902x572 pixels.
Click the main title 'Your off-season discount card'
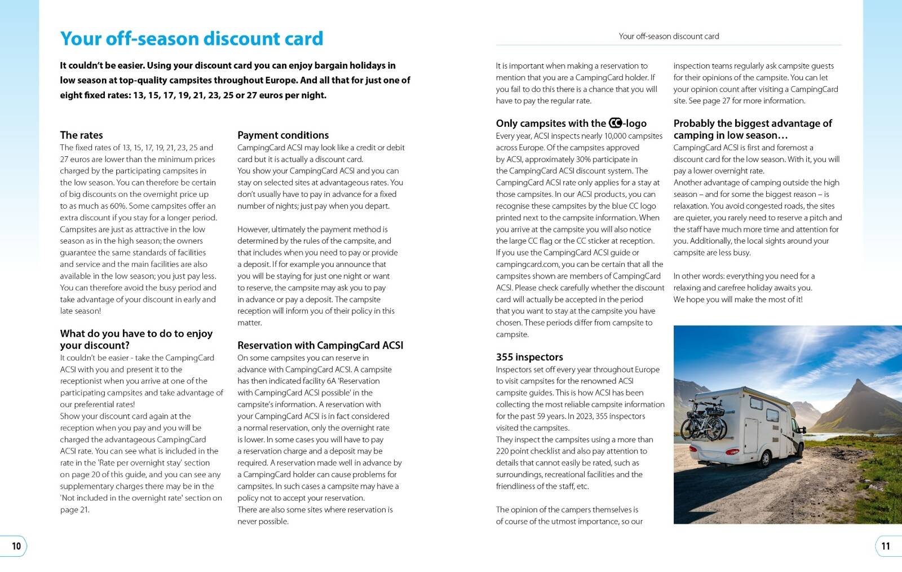click(x=192, y=38)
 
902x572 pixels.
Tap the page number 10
click(x=16, y=546)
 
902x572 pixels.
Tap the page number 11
click(x=886, y=546)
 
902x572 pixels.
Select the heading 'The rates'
click(x=82, y=135)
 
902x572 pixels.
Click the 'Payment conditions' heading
click(x=283, y=135)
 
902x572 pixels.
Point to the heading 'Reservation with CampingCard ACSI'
click(x=320, y=345)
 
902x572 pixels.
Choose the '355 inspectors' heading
click(x=529, y=357)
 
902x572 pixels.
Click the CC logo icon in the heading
click(x=615, y=123)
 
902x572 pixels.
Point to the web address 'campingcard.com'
click(x=528, y=265)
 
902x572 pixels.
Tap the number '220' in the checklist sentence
click(x=503, y=451)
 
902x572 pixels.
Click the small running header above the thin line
click(x=669, y=36)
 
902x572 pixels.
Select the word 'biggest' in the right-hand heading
click(x=771, y=123)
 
